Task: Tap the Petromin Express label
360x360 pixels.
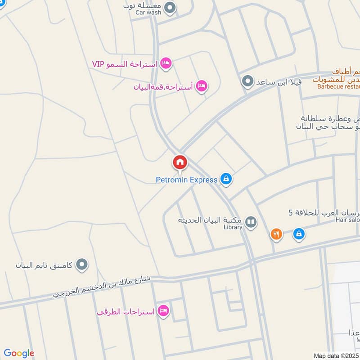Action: (x=186, y=180)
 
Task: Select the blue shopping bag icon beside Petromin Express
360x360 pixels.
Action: (x=226, y=180)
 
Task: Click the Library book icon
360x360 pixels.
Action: (x=251, y=222)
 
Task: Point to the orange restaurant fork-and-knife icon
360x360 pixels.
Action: (x=276, y=234)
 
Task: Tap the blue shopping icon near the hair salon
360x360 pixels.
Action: (x=298, y=234)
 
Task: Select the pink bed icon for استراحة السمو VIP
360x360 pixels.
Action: (x=166, y=64)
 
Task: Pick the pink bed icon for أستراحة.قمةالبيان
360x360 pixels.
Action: (x=202, y=86)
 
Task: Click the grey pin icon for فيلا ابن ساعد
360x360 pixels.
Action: (x=247, y=82)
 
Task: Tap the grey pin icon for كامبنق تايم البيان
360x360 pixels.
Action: (x=81, y=265)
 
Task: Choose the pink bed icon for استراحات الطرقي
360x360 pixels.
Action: (x=163, y=311)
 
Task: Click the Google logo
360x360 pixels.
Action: (x=19, y=353)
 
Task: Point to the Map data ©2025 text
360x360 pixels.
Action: (x=336, y=355)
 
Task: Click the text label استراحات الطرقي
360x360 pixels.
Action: (x=126, y=311)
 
